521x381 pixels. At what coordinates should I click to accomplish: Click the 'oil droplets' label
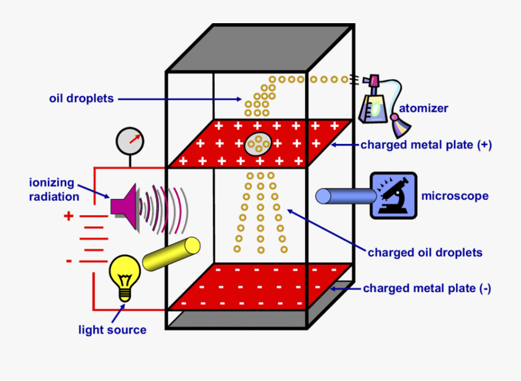point(82,99)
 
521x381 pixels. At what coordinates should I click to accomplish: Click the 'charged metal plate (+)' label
point(426,145)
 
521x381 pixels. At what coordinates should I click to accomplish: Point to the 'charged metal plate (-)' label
point(427,288)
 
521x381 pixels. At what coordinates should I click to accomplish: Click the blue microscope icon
point(393,195)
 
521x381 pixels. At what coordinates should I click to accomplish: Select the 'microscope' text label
point(454,196)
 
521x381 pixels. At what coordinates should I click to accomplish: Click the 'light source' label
point(112,330)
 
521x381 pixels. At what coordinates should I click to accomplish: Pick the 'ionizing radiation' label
point(52,190)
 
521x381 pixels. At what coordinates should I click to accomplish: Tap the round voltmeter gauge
point(130,140)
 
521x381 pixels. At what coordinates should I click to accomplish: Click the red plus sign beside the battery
point(69,216)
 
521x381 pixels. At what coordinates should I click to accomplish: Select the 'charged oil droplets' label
point(425,252)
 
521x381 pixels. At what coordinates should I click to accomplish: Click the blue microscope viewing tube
point(345,196)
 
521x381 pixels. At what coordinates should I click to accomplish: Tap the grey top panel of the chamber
point(260,48)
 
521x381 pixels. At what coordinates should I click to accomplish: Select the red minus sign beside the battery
point(68,262)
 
